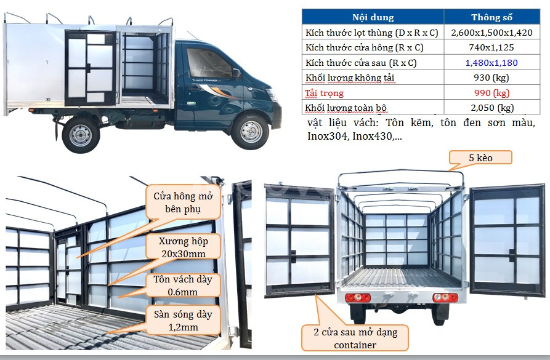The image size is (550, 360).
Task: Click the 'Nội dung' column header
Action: [373, 17]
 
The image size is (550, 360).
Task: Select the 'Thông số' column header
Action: [491, 17]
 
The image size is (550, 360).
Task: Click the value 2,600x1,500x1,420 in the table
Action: [491, 33]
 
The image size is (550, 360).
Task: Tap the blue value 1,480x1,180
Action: [491, 63]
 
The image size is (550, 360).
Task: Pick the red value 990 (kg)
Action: [491, 93]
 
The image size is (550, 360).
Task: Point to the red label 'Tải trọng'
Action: [324, 94]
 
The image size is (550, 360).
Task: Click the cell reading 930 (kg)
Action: [491, 78]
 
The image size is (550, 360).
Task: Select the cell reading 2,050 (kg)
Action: [492, 108]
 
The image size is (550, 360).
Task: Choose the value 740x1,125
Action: [491, 47]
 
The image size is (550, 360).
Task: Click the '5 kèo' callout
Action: [480, 158]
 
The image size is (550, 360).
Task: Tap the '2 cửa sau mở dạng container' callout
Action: [355, 338]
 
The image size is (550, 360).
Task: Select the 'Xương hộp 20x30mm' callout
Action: [184, 247]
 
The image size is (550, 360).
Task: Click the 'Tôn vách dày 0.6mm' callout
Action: [183, 286]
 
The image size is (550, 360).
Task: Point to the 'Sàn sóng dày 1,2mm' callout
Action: [183, 320]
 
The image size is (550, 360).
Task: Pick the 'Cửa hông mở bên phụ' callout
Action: [183, 202]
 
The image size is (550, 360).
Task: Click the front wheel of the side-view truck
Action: [250, 132]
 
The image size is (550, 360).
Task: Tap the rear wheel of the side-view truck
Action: [80, 135]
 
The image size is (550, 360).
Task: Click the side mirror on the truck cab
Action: [236, 73]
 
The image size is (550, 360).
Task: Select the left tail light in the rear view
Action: [358, 298]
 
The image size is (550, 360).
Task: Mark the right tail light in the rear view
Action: [445, 298]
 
